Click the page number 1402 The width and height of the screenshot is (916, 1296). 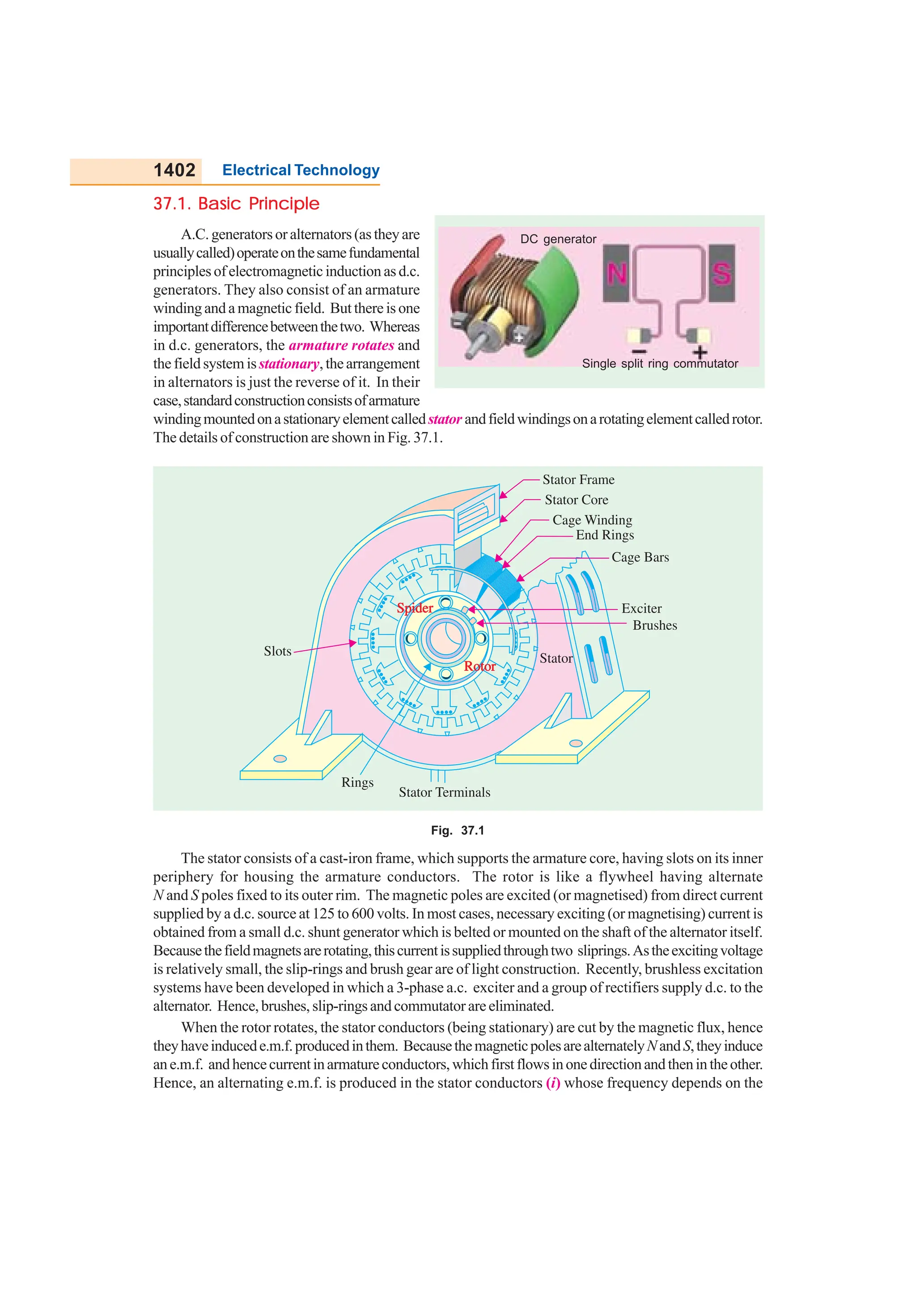pos(174,170)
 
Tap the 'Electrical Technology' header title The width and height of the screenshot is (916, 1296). pos(301,170)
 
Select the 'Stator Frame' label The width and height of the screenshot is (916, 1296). pos(578,480)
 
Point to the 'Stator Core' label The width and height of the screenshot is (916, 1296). pos(576,500)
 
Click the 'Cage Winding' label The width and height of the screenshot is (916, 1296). pos(592,520)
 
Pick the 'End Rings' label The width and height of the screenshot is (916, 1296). pos(604,535)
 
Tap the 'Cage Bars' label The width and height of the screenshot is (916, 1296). pos(640,558)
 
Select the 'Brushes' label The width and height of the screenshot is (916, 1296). pos(655,626)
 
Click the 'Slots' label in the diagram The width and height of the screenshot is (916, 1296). pos(278,652)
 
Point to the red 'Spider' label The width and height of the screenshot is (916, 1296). pos(415,608)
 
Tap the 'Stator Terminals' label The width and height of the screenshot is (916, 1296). pos(444,792)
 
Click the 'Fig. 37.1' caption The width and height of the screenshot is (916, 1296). pos(457,830)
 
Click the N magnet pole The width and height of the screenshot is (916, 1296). pos(616,273)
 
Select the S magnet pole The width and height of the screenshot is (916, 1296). pos(721,273)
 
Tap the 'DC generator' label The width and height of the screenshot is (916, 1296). pos(558,239)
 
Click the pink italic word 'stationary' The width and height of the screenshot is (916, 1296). pos(289,364)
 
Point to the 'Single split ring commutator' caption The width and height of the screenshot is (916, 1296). pos(660,364)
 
